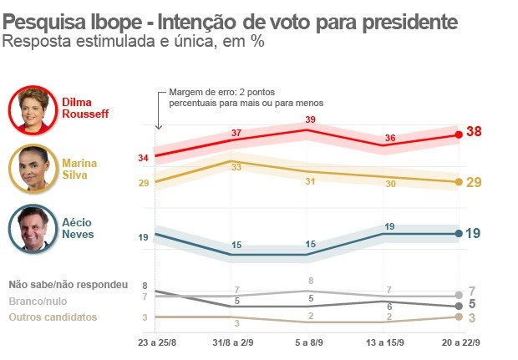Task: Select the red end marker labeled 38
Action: click(459, 134)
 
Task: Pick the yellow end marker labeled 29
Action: click(459, 181)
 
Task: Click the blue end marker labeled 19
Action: click(459, 234)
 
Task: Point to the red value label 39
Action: click(310, 119)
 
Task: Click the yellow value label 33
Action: click(236, 167)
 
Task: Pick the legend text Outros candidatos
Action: click(52, 317)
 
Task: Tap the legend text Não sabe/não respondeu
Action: click(68, 285)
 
